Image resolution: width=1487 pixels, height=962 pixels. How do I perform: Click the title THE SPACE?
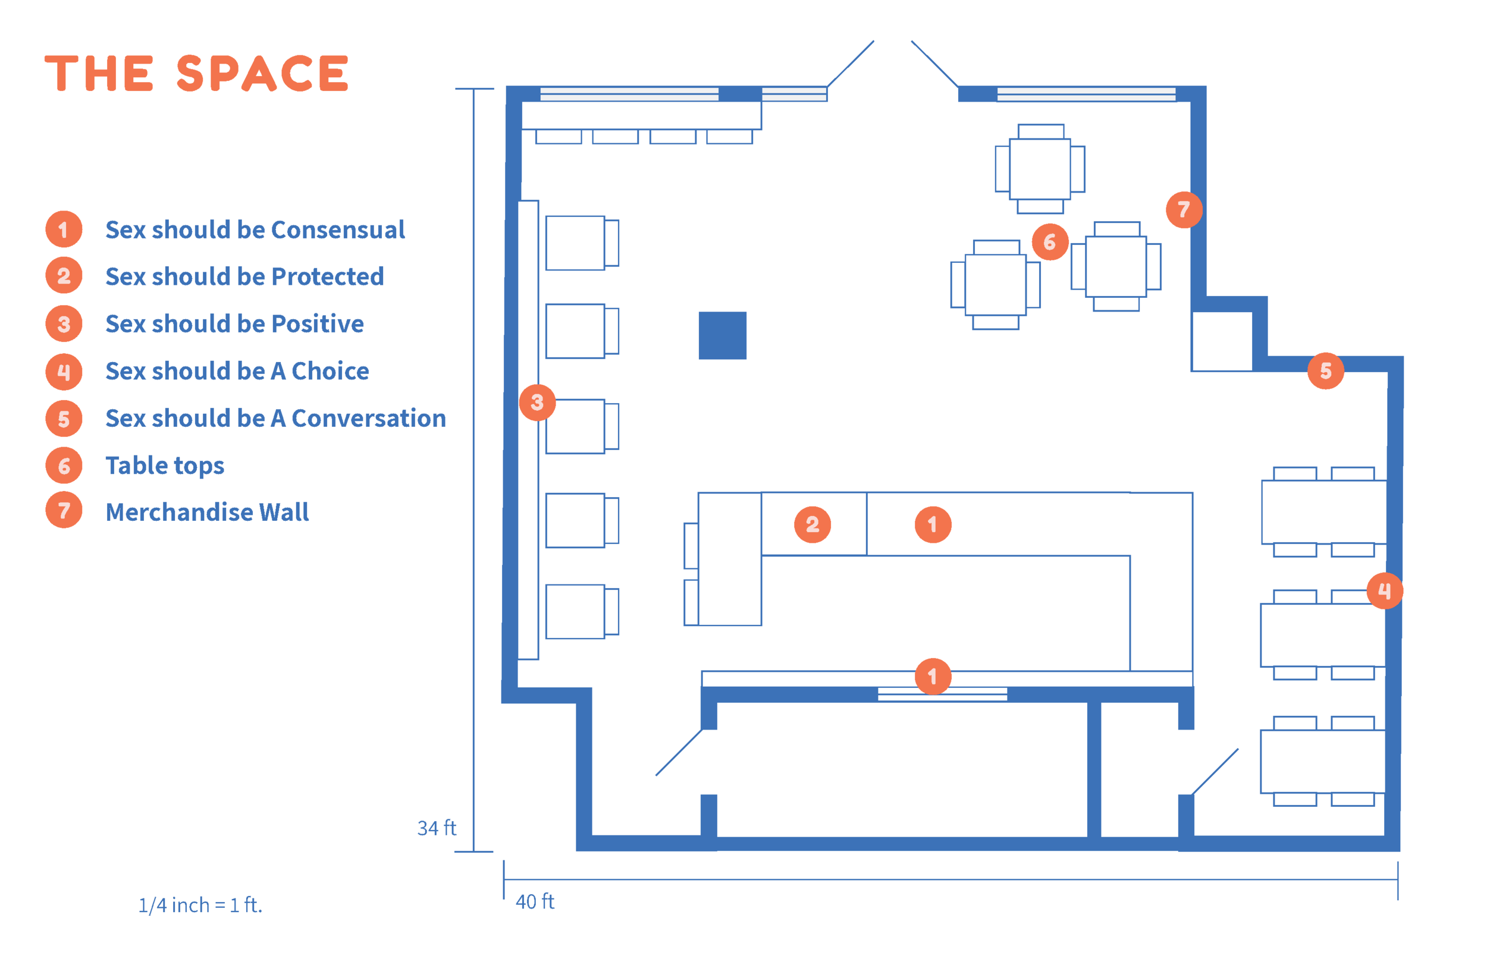click(x=196, y=74)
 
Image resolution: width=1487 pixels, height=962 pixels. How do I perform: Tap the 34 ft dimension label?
click(x=436, y=828)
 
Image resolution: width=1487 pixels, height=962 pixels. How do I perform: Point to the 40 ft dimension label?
click(x=535, y=901)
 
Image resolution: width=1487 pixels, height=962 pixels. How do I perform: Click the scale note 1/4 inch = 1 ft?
click(x=200, y=904)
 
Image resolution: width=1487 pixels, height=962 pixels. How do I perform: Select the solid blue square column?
click(x=722, y=335)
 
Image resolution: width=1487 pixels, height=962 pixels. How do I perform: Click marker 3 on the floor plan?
click(x=537, y=403)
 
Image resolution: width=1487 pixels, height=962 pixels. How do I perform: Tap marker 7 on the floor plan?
click(x=1183, y=210)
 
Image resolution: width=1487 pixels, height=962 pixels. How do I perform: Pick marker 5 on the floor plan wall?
click(x=1325, y=371)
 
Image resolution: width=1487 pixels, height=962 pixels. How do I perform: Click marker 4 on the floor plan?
click(x=1385, y=591)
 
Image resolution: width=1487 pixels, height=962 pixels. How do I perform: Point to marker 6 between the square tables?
click(x=1050, y=242)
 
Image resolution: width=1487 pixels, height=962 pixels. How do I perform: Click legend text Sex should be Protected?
click(x=244, y=276)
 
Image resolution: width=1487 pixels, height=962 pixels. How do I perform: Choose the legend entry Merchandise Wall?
click(x=207, y=513)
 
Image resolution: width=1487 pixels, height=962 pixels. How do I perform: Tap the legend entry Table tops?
click(x=164, y=466)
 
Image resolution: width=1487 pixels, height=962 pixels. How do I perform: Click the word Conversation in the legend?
click(x=369, y=419)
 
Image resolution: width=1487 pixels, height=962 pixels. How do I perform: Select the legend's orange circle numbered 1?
click(x=64, y=230)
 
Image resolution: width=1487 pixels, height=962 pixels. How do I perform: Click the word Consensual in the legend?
click(x=338, y=230)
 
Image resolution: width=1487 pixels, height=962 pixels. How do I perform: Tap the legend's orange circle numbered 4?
click(x=64, y=372)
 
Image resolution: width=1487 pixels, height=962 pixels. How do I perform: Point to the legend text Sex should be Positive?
click(x=234, y=324)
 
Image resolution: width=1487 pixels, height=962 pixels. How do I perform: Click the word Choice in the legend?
click(x=330, y=372)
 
